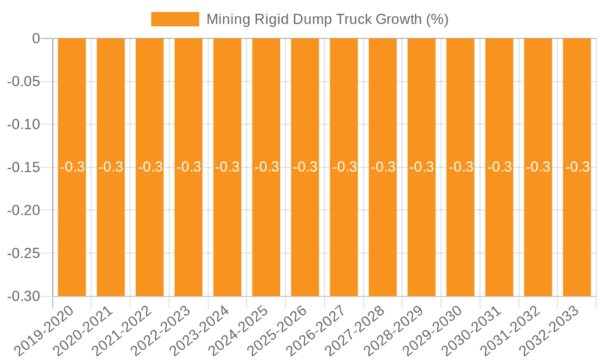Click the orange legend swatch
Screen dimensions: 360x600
(175, 19)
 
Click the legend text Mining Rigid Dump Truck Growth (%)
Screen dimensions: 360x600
(327, 19)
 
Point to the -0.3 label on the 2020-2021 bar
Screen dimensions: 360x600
(111, 167)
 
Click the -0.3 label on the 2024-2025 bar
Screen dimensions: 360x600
(266, 167)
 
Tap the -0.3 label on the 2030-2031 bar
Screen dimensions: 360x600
(499, 167)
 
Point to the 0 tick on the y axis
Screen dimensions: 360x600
(35, 39)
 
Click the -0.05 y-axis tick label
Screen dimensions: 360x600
(23, 82)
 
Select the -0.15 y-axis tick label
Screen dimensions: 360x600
(23, 167)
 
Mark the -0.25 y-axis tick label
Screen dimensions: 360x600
(23, 253)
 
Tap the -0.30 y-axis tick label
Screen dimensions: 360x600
(23, 296)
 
